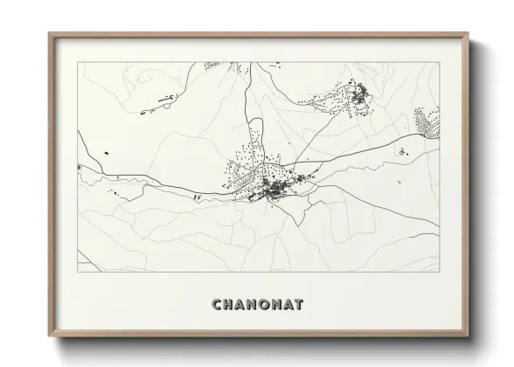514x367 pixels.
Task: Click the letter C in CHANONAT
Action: click(x=217, y=305)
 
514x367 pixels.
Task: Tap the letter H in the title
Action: click(x=229, y=305)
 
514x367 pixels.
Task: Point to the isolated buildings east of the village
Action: click(x=402, y=152)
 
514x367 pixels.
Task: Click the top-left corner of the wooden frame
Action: click(x=49, y=33)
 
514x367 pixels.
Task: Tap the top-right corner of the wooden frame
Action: click(x=467, y=33)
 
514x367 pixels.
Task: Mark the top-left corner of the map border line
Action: click(x=78, y=63)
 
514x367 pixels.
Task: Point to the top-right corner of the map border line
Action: click(x=437, y=63)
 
